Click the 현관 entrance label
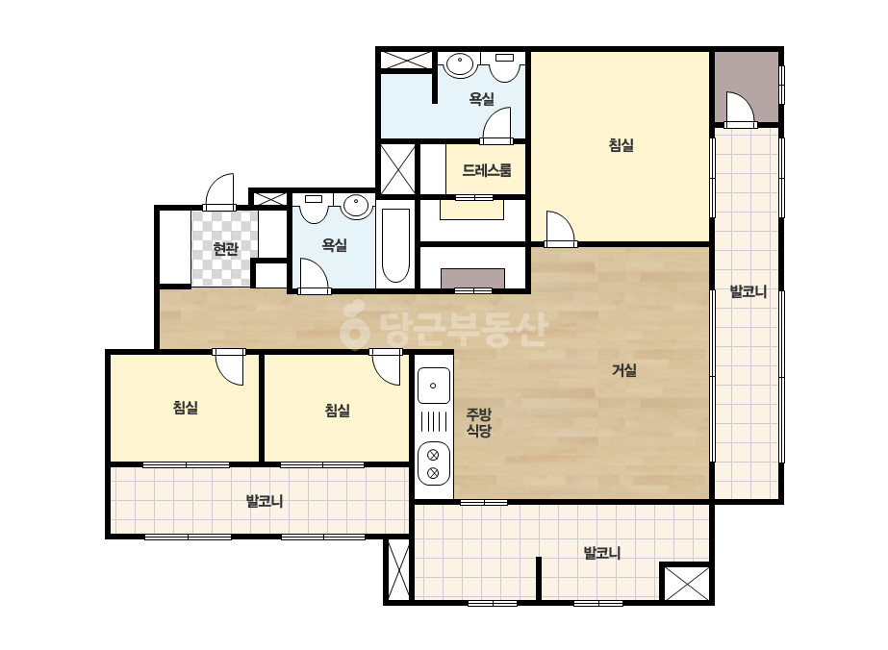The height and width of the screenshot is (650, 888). pyautogui.click(x=225, y=249)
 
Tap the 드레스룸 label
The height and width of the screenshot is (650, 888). pyautogui.click(x=487, y=170)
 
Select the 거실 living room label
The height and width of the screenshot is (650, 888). pyautogui.click(x=624, y=370)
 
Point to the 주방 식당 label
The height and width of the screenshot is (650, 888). pyautogui.click(x=478, y=422)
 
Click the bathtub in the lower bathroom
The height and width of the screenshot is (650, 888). pyautogui.click(x=395, y=245)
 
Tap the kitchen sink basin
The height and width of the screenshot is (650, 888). pyautogui.click(x=434, y=386)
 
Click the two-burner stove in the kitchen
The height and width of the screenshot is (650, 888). pyautogui.click(x=434, y=463)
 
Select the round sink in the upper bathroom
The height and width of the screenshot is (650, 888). pyautogui.click(x=459, y=63)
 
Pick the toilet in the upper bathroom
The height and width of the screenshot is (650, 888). pyautogui.click(x=505, y=66)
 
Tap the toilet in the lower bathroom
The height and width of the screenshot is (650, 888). pyautogui.click(x=314, y=208)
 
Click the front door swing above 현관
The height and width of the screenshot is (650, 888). pyautogui.click(x=219, y=190)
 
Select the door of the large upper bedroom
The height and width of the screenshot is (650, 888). pyautogui.click(x=560, y=229)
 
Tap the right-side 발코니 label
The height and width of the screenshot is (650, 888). pyautogui.click(x=748, y=292)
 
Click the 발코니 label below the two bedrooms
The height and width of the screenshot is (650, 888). pyautogui.click(x=265, y=501)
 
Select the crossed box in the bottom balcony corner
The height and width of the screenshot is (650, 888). pyautogui.click(x=686, y=584)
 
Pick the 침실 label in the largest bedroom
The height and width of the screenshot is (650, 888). pyautogui.click(x=621, y=145)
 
